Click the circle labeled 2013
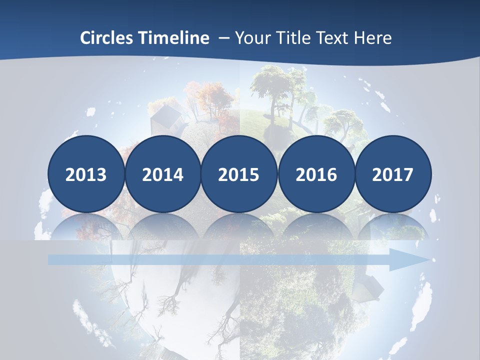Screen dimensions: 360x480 click(86, 174)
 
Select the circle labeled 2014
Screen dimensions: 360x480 click(162, 174)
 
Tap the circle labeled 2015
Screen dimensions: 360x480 click(239, 174)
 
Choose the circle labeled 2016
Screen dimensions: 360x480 click(316, 174)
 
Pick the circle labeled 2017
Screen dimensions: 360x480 click(392, 174)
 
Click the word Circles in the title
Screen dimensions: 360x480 click(107, 38)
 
